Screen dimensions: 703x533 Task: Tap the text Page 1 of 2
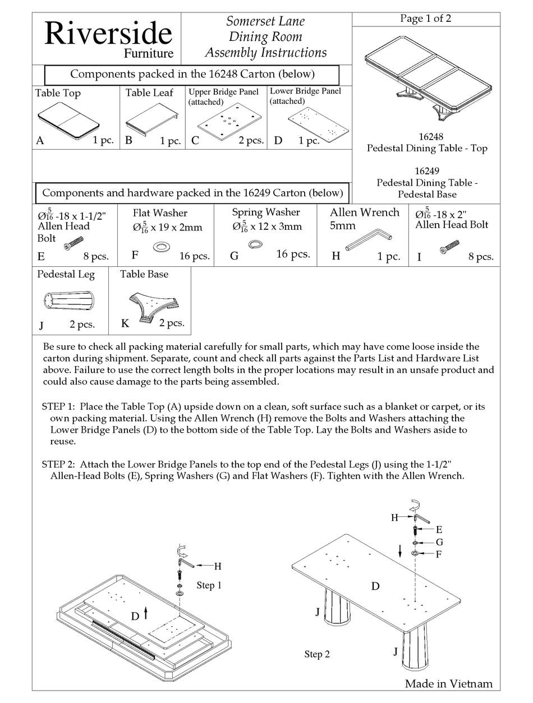pos(425,18)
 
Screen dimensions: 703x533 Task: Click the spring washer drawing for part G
pos(256,243)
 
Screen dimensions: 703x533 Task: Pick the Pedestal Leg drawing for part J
pos(68,301)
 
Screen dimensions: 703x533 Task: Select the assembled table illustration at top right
pos(426,78)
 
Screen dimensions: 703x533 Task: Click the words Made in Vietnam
pos(448,683)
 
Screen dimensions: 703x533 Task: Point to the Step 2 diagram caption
pos(317,654)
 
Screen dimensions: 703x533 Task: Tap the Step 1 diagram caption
pos(209,585)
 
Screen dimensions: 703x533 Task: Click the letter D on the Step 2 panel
pos(375,586)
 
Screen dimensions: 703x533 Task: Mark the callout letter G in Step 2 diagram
pos(439,542)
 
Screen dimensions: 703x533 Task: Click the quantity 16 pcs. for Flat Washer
pos(194,256)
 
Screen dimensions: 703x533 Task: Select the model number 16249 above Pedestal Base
pos(427,171)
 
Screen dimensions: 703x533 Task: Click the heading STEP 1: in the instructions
pos(62,406)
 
